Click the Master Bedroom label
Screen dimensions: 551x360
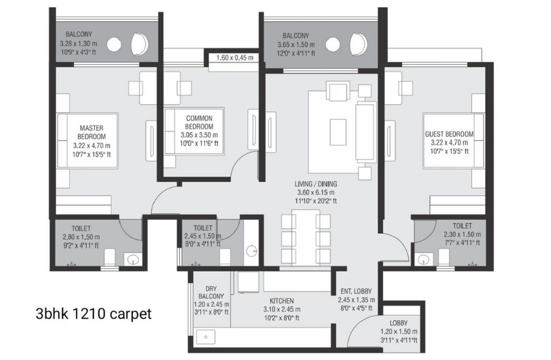[92, 132]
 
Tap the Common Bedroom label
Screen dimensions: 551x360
[199, 122]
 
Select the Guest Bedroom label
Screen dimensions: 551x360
[449, 134]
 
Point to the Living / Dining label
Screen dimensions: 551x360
[316, 184]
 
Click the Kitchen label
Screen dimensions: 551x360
[282, 301]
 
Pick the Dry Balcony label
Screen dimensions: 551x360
[211, 291]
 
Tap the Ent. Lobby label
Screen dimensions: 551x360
[356, 291]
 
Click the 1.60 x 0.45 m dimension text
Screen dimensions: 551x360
[235, 58]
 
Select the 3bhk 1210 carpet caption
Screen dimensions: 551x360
[93, 313]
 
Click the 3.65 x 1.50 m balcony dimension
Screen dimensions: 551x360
[296, 45]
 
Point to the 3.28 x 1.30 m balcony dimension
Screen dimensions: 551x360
[78, 44]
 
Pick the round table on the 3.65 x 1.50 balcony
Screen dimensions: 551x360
[332, 45]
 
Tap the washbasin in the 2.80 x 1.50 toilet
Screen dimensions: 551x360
[134, 259]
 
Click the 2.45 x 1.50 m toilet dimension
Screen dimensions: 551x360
[203, 236]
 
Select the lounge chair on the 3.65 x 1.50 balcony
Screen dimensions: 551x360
[359, 45]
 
